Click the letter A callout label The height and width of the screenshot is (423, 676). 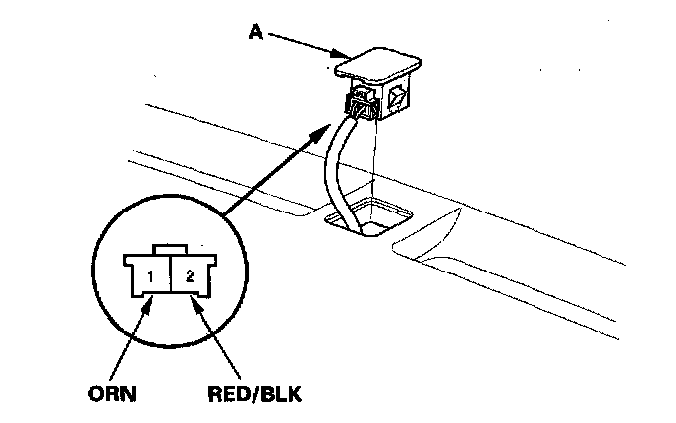click(255, 31)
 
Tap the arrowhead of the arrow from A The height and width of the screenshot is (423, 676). click(340, 54)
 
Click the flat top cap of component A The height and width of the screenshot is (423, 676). click(377, 65)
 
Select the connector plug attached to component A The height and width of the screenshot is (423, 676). click(363, 103)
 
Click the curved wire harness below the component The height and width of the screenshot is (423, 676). click(342, 173)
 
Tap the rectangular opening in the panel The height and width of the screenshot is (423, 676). click(368, 215)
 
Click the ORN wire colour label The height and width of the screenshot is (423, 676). click(112, 393)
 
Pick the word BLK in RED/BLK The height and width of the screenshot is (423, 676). click(281, 393)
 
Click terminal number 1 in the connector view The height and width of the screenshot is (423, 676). click(150, 276)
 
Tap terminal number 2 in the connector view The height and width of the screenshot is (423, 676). click(190, 276)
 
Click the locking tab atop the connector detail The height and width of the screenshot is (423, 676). click(170, 250)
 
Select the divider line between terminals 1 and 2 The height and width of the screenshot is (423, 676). click(171, 273)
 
